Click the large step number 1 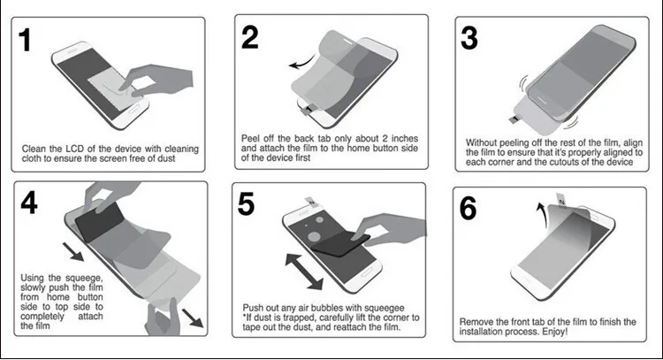(25, 40)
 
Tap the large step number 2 (250, 37)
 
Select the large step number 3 (469, 38)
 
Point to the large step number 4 (29, 203)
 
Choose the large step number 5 (246, 203)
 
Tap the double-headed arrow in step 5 (304, 272)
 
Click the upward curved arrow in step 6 (542, 215)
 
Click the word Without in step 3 (482, 142)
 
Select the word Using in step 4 (32, 278)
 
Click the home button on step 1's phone (133, 109)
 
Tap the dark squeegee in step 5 (340, 243)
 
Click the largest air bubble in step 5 (315, 237)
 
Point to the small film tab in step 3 (514, 119)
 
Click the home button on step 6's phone (526, 280)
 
